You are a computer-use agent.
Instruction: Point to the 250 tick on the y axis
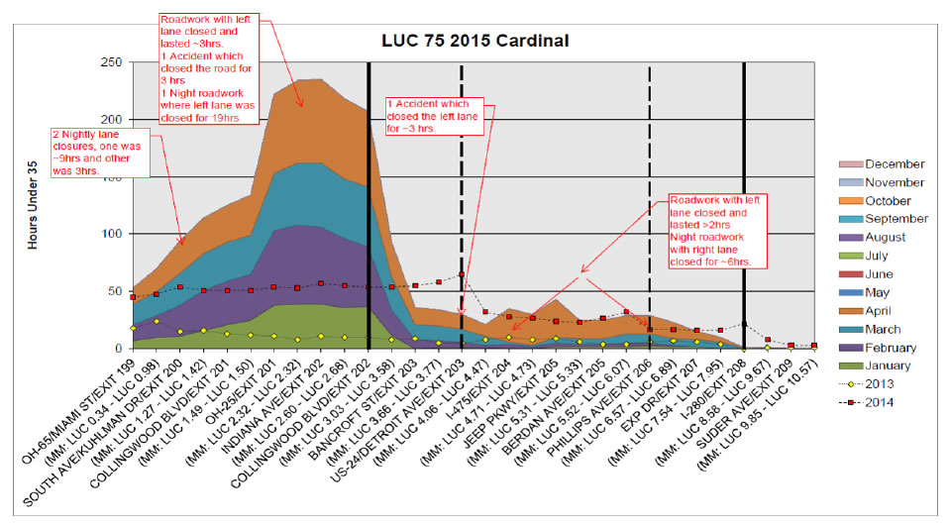[111, 62]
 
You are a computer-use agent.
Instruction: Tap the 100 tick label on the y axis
[111, 234]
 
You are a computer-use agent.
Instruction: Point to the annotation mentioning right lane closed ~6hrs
[717, 230]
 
